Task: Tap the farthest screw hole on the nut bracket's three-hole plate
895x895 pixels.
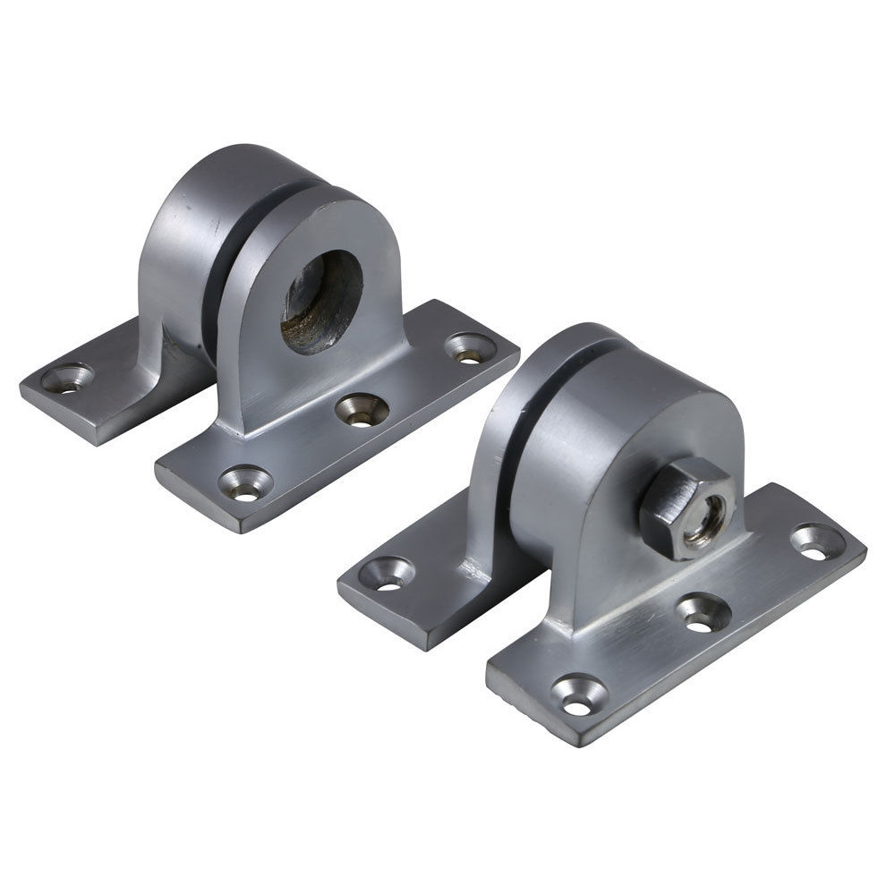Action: tap(816, 541)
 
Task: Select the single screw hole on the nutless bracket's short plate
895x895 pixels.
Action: tap(68, 379)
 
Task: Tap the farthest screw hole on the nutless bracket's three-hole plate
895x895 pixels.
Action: tap(470, 348)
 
